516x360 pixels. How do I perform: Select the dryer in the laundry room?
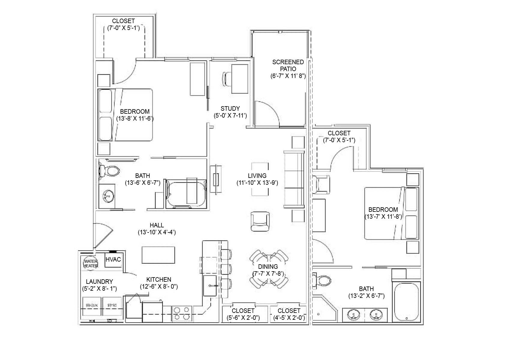[112, 306]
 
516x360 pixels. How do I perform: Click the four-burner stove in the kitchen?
[182, 313]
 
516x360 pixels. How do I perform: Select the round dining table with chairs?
[269, 269]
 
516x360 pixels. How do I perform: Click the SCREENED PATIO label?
[288, 65]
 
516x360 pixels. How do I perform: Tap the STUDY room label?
[230, 109]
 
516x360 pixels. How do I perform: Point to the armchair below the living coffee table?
[260, 221]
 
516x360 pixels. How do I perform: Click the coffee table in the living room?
[260, 179]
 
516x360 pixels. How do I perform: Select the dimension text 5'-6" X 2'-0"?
[243, 318]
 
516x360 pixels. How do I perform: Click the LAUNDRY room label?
[99, 282]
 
